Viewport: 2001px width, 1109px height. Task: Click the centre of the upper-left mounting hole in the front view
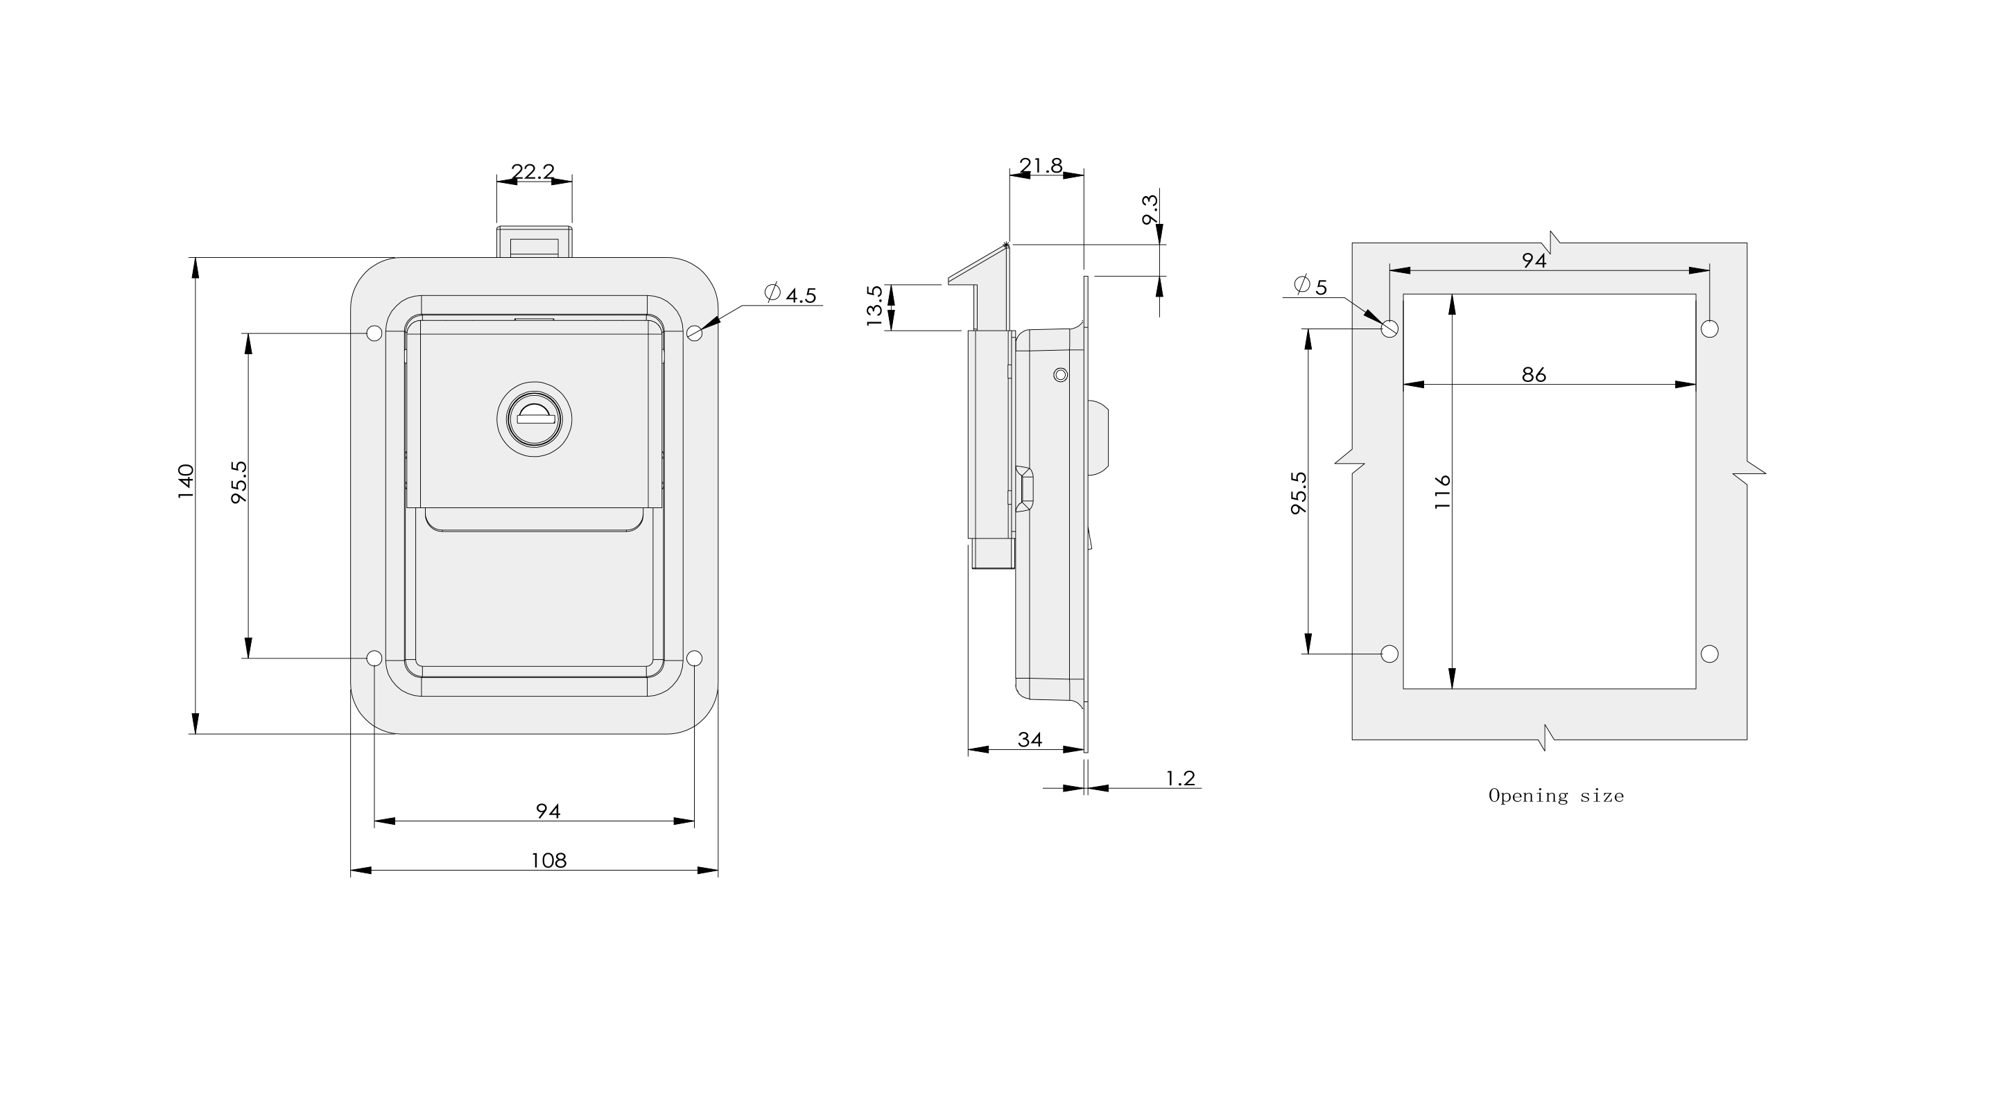[x=374, y=333]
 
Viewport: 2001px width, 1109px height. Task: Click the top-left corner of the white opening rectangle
[x=1403, y=295]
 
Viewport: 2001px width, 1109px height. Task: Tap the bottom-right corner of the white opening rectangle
[x=1696, y=689]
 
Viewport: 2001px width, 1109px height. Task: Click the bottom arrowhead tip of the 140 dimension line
[x=195, y=734]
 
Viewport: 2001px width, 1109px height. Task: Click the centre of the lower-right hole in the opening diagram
[x=1710, y=654]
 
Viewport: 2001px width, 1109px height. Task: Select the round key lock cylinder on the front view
[x=535, y=419]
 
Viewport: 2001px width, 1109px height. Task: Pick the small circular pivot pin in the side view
[x=1060, y=376]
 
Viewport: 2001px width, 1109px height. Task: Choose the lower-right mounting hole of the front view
[x=695, y=658]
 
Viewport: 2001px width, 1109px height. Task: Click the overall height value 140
[x=186, y=482]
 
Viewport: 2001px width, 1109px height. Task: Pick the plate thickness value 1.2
[x=1180, y=778]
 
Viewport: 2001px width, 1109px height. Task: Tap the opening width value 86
[x=1534, y=374]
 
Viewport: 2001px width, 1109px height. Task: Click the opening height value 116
[x=1442, y=491]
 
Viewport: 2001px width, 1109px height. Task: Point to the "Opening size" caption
[x=1556, y=796]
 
